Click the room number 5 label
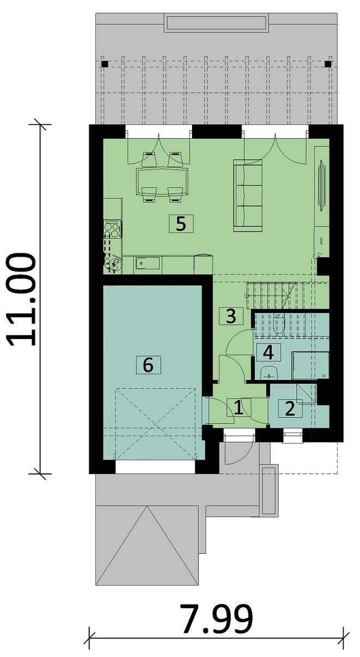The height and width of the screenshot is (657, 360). pos(181,224)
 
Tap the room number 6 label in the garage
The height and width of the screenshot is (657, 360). pos(148,365)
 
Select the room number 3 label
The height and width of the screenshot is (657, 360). pos(231,316)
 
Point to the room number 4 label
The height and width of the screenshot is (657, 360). pos(268,352)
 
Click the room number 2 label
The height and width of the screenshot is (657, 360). pos(290,408)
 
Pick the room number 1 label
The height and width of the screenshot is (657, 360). pos(239,407)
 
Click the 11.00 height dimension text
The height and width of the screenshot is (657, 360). pos(21,299)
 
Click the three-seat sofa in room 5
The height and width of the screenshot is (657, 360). pos(248,196)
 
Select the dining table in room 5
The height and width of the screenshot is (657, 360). pos(162,182)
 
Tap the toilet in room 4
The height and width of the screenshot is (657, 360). pos(278,323)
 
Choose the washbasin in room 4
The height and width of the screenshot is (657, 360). pos(269,372)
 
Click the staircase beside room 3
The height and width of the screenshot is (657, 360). pos(272,295)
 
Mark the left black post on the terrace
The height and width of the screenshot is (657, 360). pos(105,64)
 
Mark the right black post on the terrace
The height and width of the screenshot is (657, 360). pos(328,64)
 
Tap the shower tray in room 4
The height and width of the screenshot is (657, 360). pos(310,366)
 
